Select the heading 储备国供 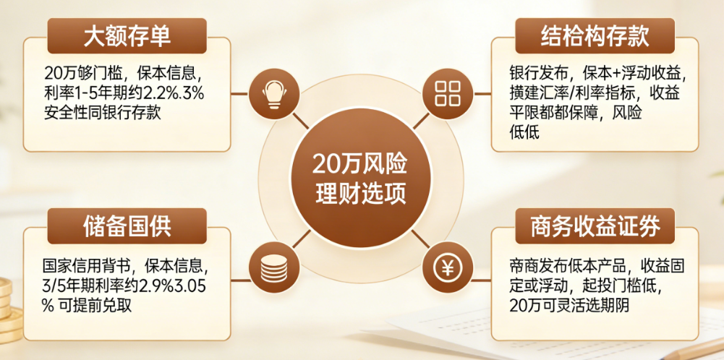point(127,226)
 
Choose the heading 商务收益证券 point(595,226)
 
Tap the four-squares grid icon point(448,93)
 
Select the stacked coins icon point(274,268)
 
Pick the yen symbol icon point(448,268)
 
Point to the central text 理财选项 point(361,194)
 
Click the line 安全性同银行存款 point(103,113)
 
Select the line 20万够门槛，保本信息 point(122,73)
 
